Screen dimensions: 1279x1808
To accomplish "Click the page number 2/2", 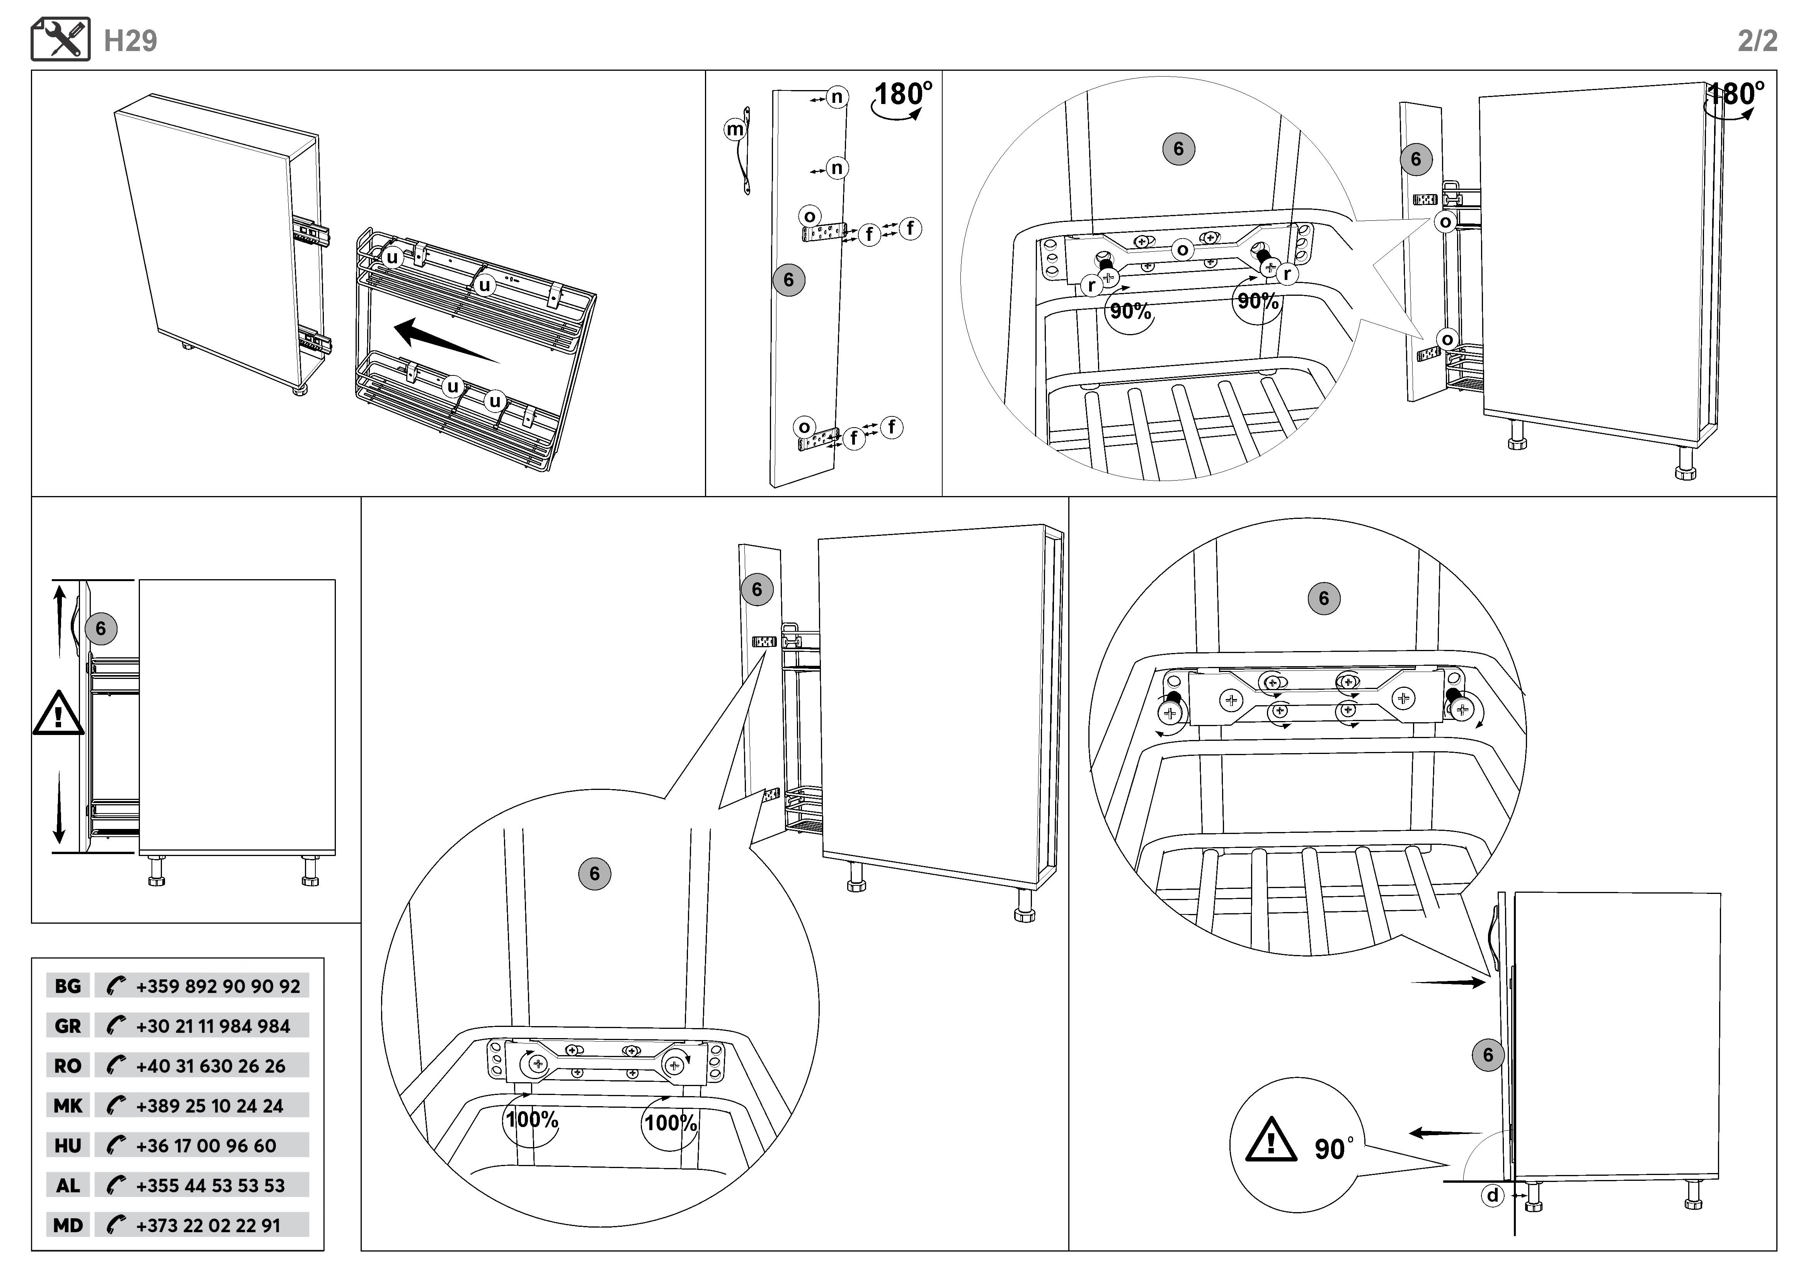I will click(x=1757, y=41).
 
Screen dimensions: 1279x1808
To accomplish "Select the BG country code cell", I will click(x=68, y=986).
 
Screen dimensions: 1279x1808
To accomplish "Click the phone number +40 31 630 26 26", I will click(x=210, y=1066).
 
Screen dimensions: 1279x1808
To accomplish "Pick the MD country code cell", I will click(x=68, y=1225).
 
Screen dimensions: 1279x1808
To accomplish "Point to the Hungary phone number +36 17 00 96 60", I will click(x=206, y=1146).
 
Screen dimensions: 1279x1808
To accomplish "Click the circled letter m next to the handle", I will click(x=735, y=129).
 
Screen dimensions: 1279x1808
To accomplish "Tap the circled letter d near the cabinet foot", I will click(x=1492, y=1195).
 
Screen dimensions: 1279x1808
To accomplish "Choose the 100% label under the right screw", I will click(x=671, y=1123).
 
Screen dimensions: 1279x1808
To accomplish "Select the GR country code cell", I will click(x=68, y=1026).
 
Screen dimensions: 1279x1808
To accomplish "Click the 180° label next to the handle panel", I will click(x=903, y=94).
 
